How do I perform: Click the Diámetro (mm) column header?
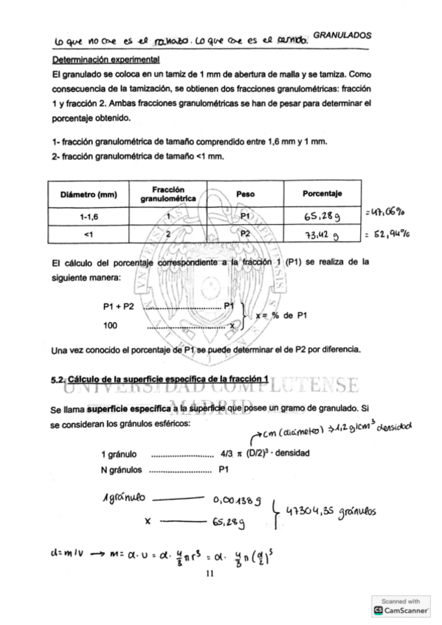87,195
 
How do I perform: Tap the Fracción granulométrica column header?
168,195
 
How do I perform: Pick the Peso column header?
246,195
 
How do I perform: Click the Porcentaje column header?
322,195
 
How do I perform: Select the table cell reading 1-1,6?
87,217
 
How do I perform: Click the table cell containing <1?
87,235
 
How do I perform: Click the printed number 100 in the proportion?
111,325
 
